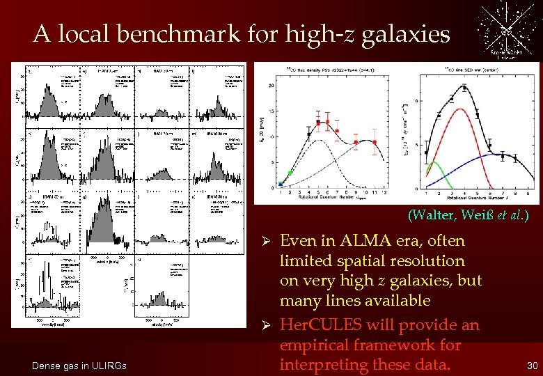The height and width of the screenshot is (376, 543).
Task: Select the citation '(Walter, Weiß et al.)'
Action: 468,215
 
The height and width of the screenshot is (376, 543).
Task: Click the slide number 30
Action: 532,366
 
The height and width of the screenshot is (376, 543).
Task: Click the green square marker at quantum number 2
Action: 290,172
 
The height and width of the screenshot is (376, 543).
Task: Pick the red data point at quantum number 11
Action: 375,142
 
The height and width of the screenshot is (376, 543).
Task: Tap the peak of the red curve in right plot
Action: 464,110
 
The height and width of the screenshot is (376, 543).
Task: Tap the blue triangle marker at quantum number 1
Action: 281,183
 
